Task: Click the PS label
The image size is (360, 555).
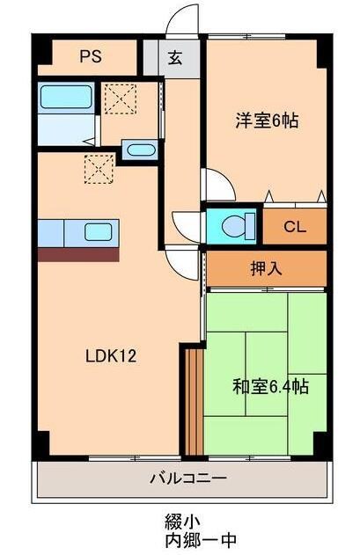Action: point(91,57)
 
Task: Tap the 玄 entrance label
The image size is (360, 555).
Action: point(174,59)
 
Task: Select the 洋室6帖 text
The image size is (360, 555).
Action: point(266,120)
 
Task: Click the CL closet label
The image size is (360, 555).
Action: point(295,226)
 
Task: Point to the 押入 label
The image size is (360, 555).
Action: point(267,268)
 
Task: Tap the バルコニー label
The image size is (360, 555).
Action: point(187,479)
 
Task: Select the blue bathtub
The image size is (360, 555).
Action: point(66,98)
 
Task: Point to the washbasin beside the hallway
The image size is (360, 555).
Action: point(139,150)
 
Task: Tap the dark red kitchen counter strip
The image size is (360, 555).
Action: point(78,254)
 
